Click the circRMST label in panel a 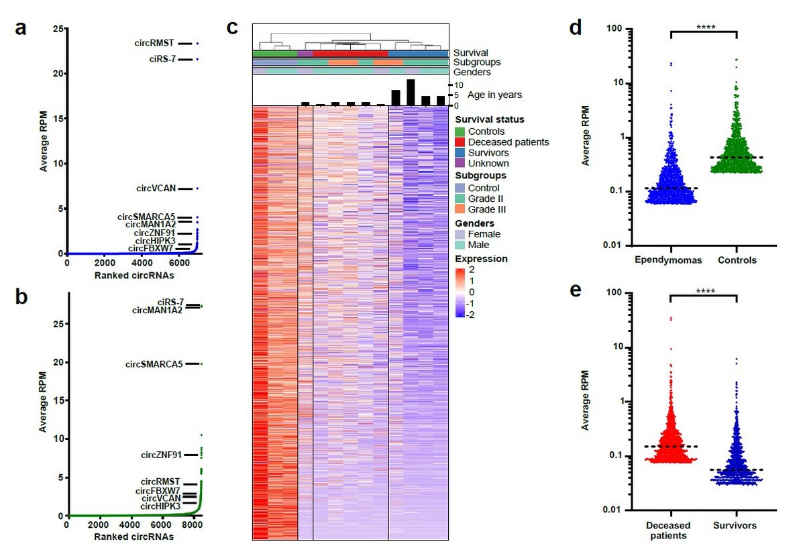153,44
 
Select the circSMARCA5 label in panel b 154,364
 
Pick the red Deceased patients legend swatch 460,142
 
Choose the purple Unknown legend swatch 460,163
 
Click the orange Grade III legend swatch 460,209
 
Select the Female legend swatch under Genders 460,235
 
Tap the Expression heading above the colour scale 481,258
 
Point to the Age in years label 495,95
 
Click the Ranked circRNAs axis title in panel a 132,275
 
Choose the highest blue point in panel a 197,44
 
